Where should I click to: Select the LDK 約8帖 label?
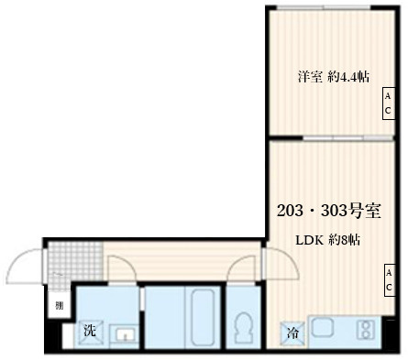pyautogui.click(x=326, y=241)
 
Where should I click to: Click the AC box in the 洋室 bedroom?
pyautogui.click(x=388, y=104)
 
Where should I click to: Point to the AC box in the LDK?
pyautogui.click(x=388, y=280)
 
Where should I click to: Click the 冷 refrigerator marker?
pyautogui.click(x=292, y=333)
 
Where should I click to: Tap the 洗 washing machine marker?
pyautogui.click(x=90, y=330)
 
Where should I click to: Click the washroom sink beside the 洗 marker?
pyautogui.click(x=122, y=333)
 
